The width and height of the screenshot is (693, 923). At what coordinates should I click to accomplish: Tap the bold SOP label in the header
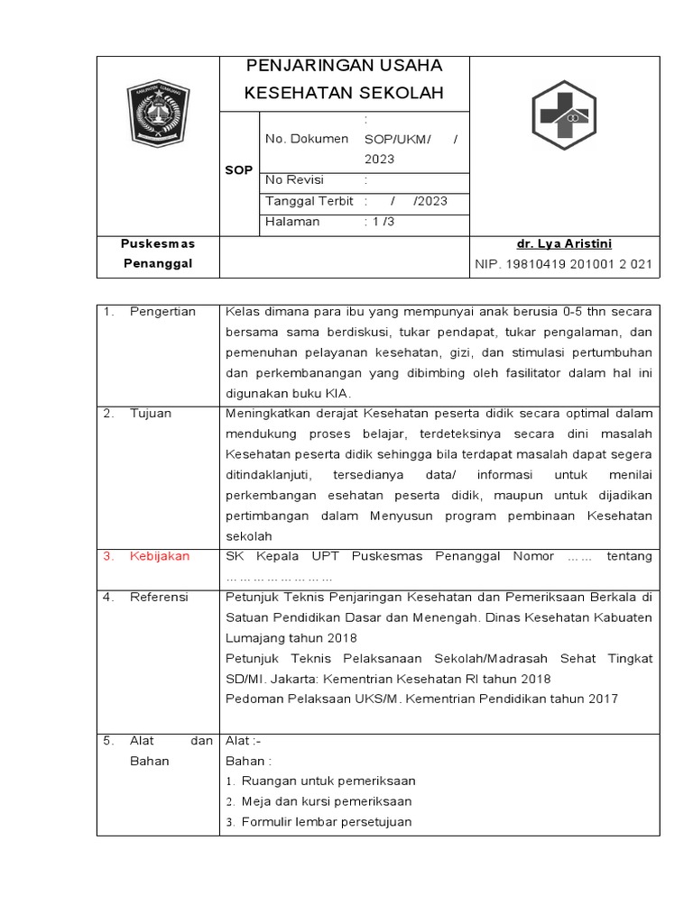[239, 170]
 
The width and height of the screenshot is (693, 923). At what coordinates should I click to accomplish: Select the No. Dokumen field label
[307, 139]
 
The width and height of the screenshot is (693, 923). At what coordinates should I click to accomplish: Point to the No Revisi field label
[294, 180]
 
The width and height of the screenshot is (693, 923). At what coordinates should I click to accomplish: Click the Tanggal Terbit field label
[310, 201]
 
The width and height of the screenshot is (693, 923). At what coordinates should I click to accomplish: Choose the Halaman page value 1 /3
[379, 222]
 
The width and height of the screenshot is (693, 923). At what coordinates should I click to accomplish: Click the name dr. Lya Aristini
[564, 244]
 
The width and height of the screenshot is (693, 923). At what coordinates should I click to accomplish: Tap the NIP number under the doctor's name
[564, 264]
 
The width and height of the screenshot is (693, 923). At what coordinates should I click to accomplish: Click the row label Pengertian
[163, 312]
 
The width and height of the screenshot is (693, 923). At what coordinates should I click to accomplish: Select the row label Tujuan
[150, 414]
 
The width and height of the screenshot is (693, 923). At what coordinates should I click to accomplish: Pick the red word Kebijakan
[160, 556]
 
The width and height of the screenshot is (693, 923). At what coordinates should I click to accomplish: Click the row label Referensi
[159, 597]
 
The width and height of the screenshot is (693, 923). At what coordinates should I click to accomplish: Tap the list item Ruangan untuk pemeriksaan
[328, 781]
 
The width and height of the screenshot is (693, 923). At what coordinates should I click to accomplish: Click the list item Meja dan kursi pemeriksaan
[327, 801]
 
